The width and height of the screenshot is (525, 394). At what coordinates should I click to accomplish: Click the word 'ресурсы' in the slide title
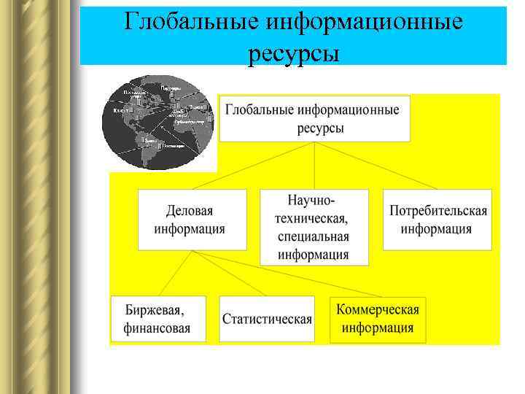[293, 53]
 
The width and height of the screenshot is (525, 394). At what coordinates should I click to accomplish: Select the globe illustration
[159, 123]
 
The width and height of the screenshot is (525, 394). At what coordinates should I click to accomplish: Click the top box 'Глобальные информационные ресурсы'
[314, 118]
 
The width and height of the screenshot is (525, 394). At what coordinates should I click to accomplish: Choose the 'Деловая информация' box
[192, 220]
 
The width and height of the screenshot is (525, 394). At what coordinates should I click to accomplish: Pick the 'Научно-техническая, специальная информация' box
[314, 227]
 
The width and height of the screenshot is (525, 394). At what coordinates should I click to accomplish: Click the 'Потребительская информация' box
[437, 220]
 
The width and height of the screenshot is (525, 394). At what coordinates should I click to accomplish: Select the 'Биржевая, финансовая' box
[158, 318]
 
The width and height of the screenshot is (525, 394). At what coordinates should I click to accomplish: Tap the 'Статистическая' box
[267, 319]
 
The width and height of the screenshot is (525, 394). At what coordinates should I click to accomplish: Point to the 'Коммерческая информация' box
[378, 318]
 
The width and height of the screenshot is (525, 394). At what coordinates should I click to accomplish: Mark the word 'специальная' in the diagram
[314, 237]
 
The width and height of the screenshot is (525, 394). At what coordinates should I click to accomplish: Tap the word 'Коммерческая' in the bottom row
[378, 309]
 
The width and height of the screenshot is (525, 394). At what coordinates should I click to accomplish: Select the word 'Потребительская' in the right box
[437, 211]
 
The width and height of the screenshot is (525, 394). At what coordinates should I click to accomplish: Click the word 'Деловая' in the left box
[190, 211]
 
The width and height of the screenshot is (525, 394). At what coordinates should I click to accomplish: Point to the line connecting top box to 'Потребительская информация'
[376, 165]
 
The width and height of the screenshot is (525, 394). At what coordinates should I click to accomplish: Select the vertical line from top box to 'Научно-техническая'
[314, 165]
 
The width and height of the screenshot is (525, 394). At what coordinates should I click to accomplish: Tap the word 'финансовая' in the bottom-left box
[157, 328]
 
